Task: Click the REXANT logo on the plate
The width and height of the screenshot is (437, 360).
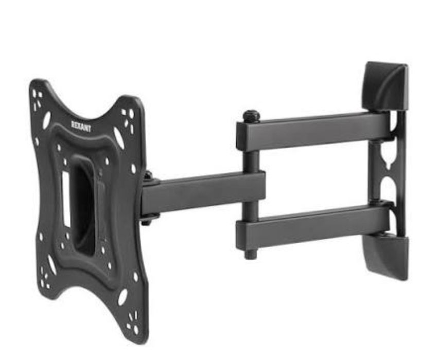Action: pyautogui.click(x=81, y=126)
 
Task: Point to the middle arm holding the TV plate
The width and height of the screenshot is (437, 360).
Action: pyautogui.click(x=203, y=193)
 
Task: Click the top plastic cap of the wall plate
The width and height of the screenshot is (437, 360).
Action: pyautogui.click(x=386, y=87)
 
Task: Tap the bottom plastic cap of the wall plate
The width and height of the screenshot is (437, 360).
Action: pyautogui.click(x=388, y=256)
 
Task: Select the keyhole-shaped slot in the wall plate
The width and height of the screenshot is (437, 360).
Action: pyautogui.click(x=387, y=159)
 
